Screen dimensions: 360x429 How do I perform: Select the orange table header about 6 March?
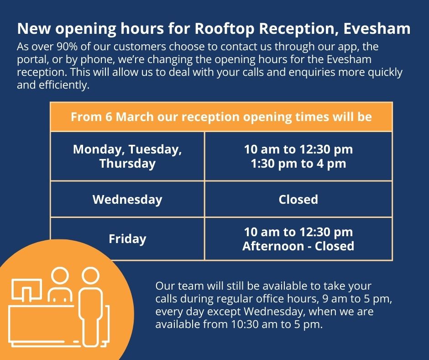tap(221, 117)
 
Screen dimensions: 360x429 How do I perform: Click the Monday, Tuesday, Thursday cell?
tap(127, 156)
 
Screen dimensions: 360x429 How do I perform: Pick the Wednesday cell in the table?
tap(127, 200)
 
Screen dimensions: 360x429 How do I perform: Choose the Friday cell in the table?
tap(127, 239)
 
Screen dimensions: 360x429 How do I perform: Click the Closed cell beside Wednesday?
tap(298, 200)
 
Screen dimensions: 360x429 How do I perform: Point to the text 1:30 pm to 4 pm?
tap(298, 164)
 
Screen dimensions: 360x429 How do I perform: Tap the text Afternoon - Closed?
tap(298, 246)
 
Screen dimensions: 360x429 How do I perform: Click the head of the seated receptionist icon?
tap(60, 276)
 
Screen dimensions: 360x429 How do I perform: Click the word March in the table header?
tap(136, 117)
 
